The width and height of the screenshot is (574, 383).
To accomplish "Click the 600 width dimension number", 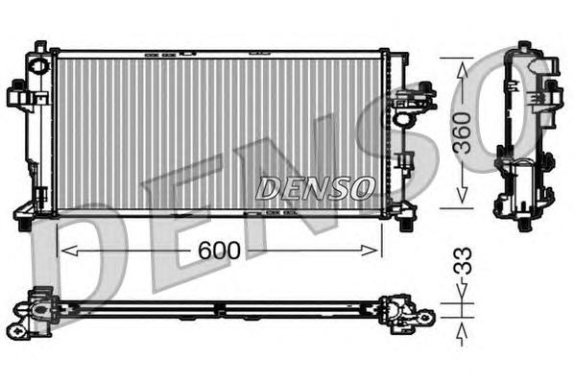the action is click(219, 251).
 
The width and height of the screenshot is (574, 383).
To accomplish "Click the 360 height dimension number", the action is click(462, 132).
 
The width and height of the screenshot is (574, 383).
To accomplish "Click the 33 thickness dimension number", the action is click(463, 261).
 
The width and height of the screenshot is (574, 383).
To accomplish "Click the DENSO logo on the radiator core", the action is click(315, 188).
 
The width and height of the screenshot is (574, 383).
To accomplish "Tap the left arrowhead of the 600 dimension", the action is click(69, 251).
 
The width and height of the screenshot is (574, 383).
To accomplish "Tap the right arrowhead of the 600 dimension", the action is click(370, 251).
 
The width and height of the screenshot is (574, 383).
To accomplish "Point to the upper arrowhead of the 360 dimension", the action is click(463, 69).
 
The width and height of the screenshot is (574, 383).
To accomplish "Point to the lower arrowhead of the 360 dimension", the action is click(463, 195).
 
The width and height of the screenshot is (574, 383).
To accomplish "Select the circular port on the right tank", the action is click(403, 119).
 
